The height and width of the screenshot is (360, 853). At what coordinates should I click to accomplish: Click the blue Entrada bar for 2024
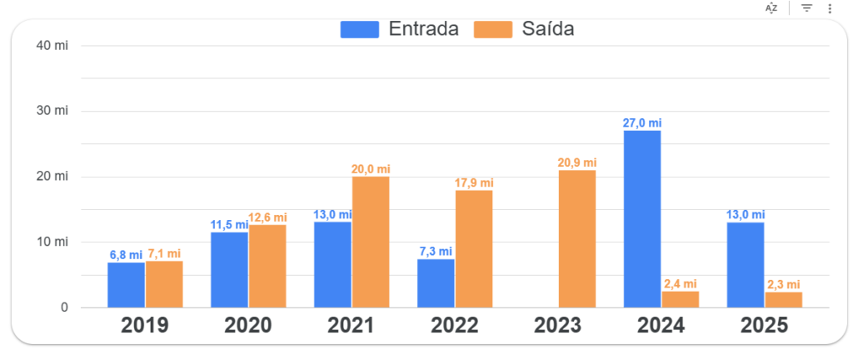641,219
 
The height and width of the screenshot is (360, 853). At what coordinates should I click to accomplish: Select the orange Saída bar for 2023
577,239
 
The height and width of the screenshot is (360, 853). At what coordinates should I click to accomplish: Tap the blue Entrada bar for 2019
126,285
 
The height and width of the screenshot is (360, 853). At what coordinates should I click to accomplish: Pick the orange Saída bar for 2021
371,242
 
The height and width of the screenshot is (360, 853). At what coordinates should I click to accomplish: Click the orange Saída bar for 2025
784,300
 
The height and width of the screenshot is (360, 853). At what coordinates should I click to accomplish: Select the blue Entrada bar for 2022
436,283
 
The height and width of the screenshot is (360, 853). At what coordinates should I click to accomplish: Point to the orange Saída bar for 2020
267,266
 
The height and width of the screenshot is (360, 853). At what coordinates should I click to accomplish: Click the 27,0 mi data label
642,123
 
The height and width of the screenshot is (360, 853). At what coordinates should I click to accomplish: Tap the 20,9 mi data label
577,162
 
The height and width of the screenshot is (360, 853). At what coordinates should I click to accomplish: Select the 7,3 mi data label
435,252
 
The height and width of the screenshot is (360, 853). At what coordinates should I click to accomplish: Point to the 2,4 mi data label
680,284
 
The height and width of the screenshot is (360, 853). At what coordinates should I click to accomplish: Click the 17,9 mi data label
474,183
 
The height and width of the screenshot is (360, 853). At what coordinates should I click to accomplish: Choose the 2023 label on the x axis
558,326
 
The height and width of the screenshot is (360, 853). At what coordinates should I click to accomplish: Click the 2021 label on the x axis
352,326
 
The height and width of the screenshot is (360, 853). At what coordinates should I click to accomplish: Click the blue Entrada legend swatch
359,29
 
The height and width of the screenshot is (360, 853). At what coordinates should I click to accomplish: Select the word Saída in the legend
548,29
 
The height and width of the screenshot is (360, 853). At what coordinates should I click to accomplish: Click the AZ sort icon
771,8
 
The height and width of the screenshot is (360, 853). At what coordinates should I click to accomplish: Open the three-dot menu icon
830,8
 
